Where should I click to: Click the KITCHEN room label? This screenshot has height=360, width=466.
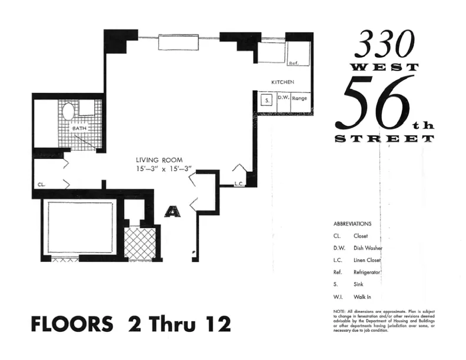click(x=282, y=82)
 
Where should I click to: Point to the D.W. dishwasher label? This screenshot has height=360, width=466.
click(x=282, y=99)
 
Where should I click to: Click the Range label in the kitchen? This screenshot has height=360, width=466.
click(x=299, y=99)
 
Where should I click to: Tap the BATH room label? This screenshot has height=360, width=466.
click(x=79, y=128)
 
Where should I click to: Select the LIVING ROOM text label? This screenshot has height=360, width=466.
click(x=159, y=159)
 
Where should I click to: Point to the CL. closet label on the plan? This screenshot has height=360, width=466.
click(x=41, y=184)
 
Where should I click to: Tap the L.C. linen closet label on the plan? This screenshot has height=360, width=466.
click(x=239, y=184)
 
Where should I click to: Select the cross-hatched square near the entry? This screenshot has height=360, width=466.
click(x=140, y=244)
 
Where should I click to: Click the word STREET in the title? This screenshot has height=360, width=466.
click(x=384, y=139)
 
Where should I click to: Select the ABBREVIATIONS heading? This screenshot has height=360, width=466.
click(x=352, y=224)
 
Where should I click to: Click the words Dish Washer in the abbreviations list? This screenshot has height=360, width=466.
click(x=368, y=248)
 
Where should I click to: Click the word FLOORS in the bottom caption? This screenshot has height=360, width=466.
click(x=71, y=324)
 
